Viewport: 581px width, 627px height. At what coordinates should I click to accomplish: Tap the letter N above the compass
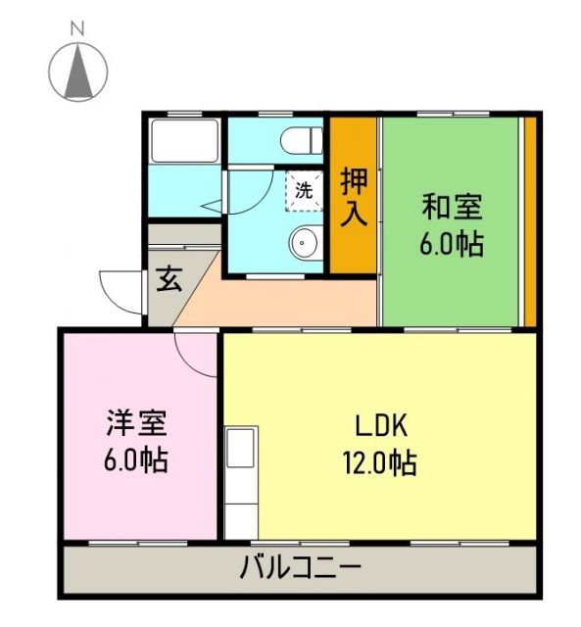pos(77,30)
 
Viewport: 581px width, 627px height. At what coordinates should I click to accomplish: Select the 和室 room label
pos(452,208)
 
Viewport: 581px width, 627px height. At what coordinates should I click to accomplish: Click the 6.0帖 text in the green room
pos(452,243)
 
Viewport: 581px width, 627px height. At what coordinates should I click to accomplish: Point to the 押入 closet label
pos(354,196)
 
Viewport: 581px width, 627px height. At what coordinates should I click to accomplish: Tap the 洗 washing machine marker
pos(304,190)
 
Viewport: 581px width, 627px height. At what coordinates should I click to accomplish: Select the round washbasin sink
pos(306,241)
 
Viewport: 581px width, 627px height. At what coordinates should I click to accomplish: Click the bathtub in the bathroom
pos(184,143)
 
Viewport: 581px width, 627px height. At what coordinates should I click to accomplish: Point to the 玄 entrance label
pos(169,280)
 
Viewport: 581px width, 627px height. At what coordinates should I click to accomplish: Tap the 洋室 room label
pos(138,423)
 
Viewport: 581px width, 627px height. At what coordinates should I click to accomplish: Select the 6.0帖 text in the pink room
pos(138,458)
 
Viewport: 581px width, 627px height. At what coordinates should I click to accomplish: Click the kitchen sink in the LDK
pos(240,450)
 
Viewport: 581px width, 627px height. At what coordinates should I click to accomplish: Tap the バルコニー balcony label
pos(300,567)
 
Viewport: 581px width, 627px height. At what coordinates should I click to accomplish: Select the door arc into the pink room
pos(196,355)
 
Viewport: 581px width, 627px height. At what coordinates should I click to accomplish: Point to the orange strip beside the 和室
pos(529,220)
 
